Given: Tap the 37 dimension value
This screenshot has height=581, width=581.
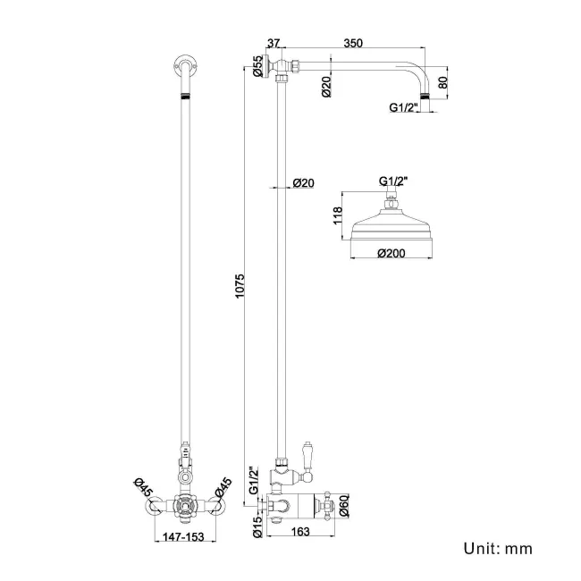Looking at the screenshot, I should [x=274, y=42].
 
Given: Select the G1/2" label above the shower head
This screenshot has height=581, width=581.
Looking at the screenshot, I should [x=392, y=181].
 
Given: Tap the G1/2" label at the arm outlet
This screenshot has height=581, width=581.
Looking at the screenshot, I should [x=405, y=109].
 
